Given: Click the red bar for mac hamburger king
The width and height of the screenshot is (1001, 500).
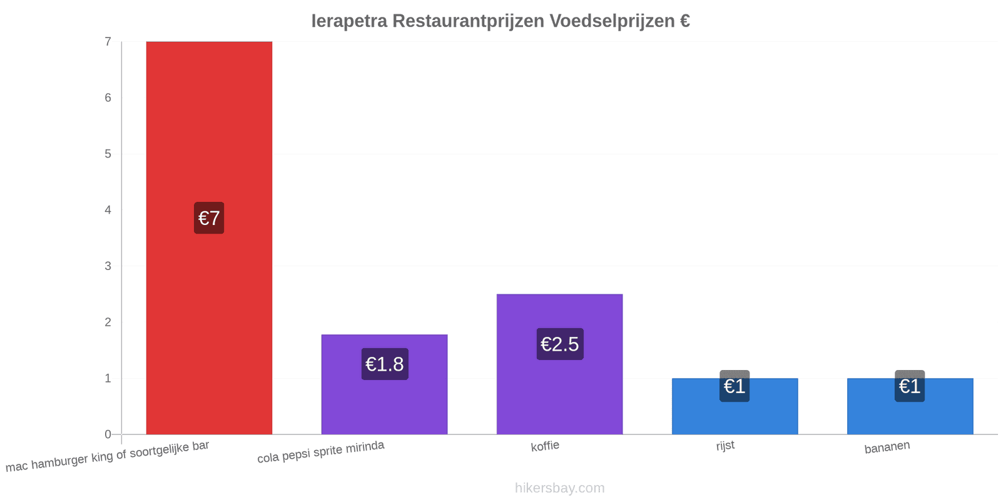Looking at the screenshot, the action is point(209,238).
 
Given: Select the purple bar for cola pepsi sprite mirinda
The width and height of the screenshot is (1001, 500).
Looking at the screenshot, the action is point(384,384).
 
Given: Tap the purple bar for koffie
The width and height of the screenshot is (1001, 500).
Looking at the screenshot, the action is point(559,364).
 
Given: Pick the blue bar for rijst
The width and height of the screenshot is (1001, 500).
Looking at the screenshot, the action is point(734,406).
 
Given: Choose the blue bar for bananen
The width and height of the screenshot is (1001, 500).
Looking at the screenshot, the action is point(910,406).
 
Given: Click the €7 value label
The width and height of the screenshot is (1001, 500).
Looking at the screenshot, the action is point(209,218).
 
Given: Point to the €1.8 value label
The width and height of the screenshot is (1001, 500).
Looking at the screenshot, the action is point(385,364).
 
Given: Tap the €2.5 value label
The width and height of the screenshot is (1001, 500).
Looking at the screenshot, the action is point(560,344).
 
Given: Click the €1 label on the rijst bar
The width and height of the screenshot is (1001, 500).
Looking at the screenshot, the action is point(734,386).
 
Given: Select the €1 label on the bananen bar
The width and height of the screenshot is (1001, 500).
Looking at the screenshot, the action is point(910,386).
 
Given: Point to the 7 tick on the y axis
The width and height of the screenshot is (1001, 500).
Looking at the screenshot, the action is point(108,42).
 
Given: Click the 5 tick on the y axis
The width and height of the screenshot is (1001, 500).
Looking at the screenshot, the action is point(108,154).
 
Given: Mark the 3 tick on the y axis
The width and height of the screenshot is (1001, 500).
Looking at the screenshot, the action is point(108,266).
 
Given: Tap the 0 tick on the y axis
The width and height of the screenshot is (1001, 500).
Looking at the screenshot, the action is point(108,434).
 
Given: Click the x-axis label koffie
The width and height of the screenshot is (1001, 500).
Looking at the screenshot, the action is point(545,446).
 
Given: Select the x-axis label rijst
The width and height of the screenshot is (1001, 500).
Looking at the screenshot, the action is point(725,446).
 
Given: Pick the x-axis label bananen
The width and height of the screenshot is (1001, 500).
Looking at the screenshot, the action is point(887,447).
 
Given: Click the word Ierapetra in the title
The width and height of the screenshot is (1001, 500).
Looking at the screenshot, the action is point(350,21).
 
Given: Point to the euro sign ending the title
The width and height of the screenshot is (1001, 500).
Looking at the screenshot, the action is point(685,21).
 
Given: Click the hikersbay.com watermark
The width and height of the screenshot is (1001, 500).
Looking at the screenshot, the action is point(559,487).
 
